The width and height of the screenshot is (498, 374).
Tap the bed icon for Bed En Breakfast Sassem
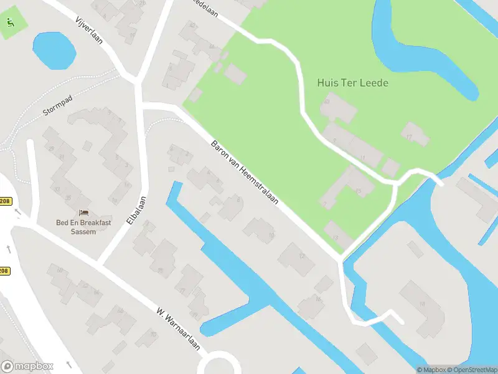click(x=84, y=213)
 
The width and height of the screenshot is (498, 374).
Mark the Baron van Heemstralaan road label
click(x=244, y=173)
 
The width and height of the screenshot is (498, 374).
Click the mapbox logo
click(x=27, y=367)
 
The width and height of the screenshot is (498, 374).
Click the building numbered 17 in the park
click(x=414, y=134)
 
